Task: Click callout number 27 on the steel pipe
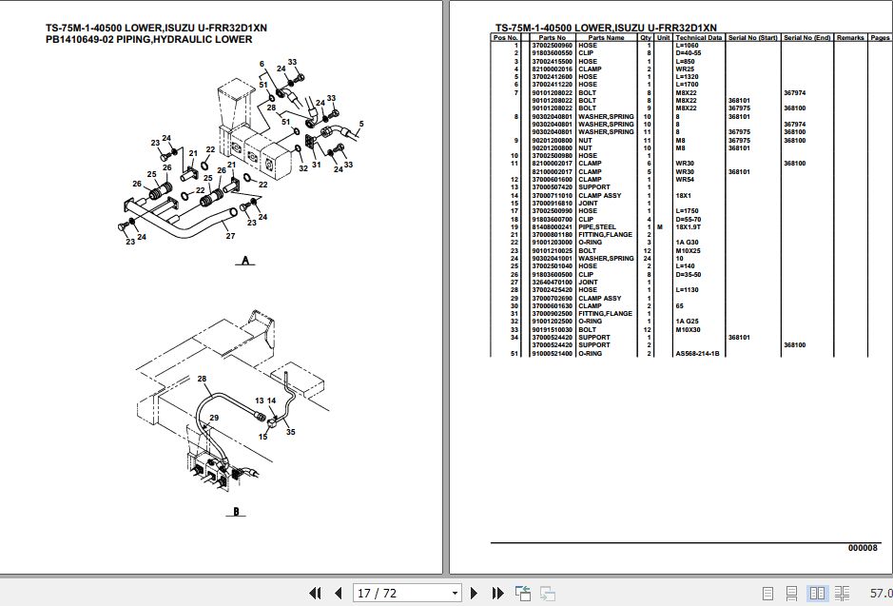(229, 235)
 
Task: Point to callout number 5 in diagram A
(361, 125)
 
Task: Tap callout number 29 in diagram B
(214, 418)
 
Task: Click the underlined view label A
(245, 262)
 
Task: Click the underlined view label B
(233, 512)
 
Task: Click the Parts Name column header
(607, 37)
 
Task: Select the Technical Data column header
(699, 37)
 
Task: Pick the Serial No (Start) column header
(753, 37)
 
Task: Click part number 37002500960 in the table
(552, 45)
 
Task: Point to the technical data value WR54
(686, 179)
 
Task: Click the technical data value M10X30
(688, 329)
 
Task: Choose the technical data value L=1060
(688, 45)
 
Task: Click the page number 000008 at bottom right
(864, 548)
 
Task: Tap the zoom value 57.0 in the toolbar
(880, 594)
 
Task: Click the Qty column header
(646, 37)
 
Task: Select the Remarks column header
(850, 37)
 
